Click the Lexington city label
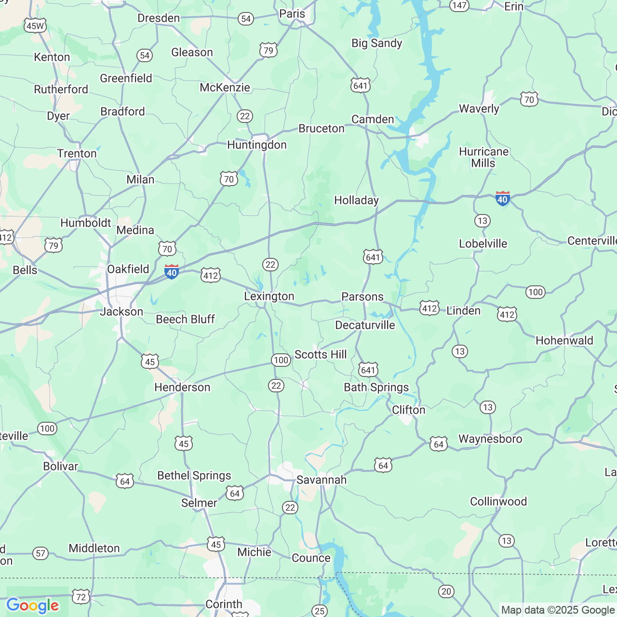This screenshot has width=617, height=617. (269, 296)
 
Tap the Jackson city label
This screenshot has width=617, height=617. (121, 312)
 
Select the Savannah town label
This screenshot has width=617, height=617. (322, 480)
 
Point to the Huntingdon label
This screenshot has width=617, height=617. (257, 145)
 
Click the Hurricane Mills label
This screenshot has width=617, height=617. (483, 158)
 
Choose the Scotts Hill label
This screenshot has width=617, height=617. (321, 355)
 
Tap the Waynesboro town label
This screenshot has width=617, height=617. (490, 439)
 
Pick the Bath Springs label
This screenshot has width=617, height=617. (376, 388)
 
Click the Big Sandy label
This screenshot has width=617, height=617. (376, 43)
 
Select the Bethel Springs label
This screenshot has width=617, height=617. (194, 476)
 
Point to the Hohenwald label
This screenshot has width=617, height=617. (564, 341)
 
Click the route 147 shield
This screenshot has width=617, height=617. (459, 5)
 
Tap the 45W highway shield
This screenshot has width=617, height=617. (35, 26)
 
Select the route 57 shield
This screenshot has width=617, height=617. (41, 553)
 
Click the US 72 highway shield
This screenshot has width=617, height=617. (81, 597)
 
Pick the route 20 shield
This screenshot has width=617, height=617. (446, 591)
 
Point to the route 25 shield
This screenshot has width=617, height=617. (319, 611)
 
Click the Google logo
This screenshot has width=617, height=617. (32, 605)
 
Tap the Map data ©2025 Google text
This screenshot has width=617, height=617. (558, 610)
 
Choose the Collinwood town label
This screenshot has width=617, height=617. (498, 502)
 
